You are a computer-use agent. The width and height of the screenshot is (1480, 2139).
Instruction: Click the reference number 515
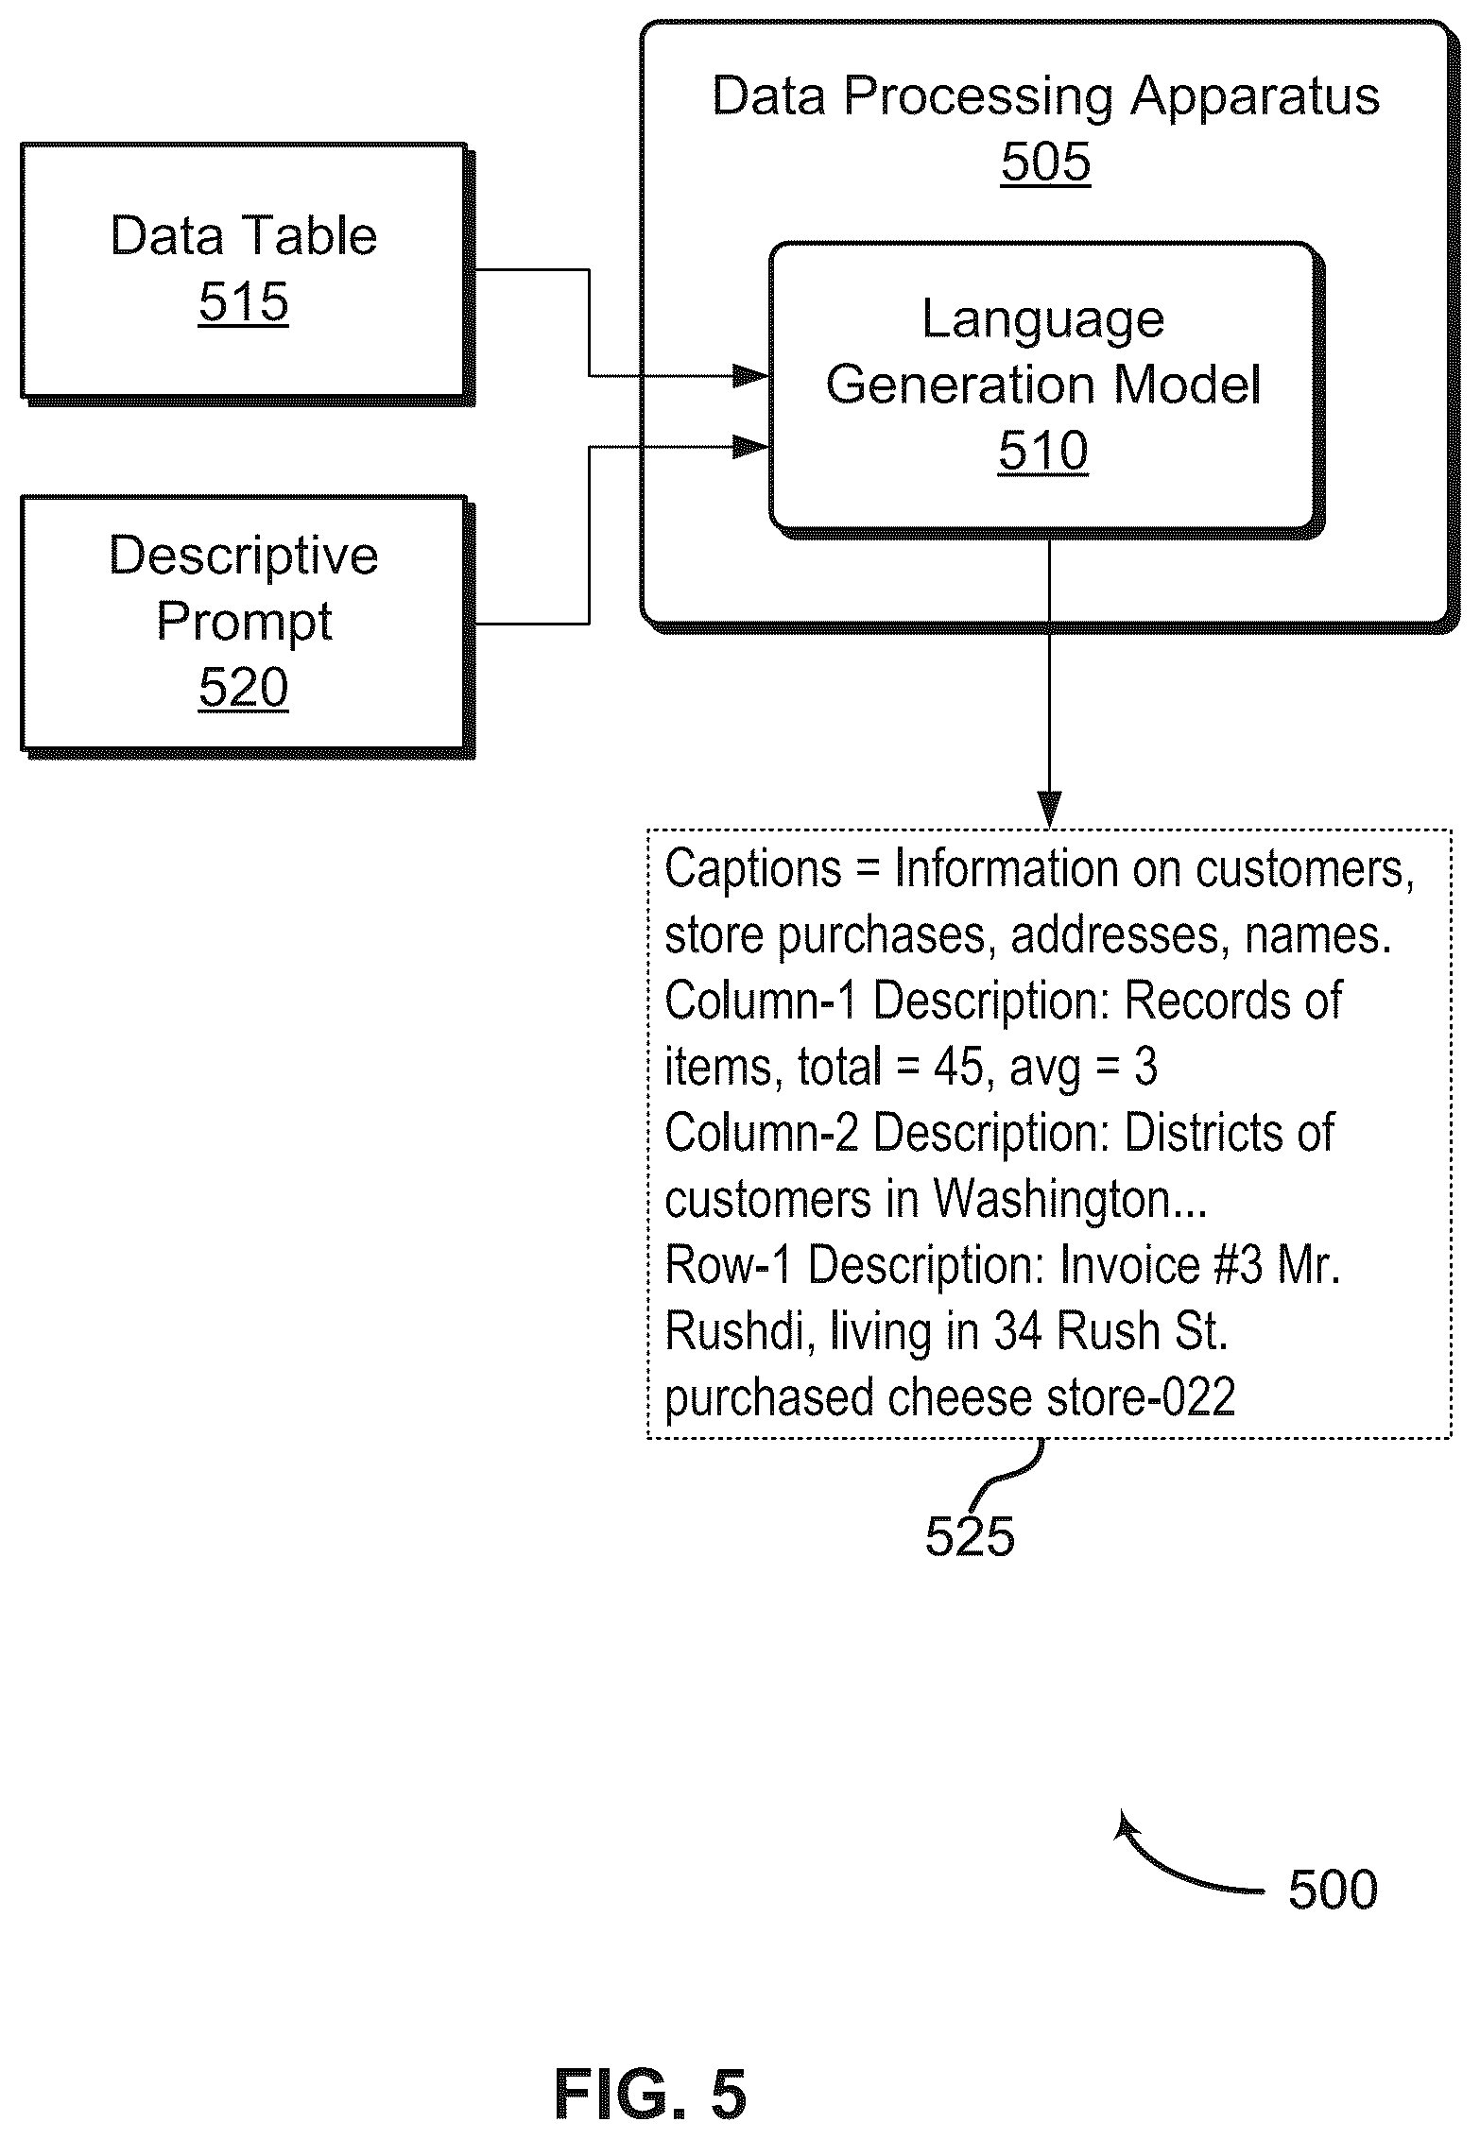(x=243, y=302)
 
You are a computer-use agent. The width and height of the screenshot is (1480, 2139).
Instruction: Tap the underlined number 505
(x=1045, y=162)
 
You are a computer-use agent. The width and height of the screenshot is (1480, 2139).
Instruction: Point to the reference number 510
(x=1043, y=451)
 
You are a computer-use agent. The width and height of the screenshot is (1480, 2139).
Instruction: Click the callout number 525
(x=970, y=1536)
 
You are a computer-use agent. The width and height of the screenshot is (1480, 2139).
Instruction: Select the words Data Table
(x=244, y=235)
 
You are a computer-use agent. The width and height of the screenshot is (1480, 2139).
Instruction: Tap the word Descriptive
(x=244, y=555)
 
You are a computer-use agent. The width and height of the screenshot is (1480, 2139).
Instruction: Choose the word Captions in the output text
(x=753, y=869)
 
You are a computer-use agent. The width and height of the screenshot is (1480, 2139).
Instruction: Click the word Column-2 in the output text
(x=762, y=1134)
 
